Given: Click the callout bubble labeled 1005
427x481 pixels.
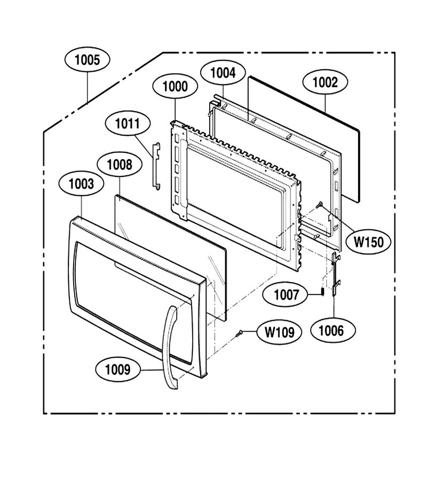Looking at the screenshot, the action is coord(88,60).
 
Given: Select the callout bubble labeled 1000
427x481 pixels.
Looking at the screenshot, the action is coord(175,87).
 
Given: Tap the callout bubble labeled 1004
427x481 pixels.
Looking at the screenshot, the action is coord(223,73).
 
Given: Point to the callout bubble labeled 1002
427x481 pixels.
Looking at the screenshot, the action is coord(325,82).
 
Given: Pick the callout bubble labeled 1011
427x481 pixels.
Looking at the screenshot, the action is coord(128,123).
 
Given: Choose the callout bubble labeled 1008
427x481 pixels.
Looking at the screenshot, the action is coord(120,165).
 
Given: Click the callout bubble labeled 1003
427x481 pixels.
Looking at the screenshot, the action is coord(81,184).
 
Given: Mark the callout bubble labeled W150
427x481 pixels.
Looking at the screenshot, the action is coord(368,242).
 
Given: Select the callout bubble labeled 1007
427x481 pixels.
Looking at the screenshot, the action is coord(286,295).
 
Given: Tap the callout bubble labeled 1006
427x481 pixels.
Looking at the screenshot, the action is coord(333,331).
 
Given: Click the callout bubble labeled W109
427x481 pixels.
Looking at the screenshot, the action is coord(279,332).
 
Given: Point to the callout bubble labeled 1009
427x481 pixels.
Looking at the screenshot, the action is coord(118,370).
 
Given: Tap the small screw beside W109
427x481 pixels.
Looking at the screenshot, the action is coord(239,333).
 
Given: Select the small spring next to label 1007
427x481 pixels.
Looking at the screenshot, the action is coord(323,291).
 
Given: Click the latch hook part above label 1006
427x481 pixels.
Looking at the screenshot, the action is coord(336,274).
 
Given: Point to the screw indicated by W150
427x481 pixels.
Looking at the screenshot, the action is coord(319,204).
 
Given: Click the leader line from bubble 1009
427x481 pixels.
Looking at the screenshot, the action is coord(152,370).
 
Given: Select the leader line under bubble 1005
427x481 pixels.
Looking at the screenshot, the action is coord(88,88).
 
